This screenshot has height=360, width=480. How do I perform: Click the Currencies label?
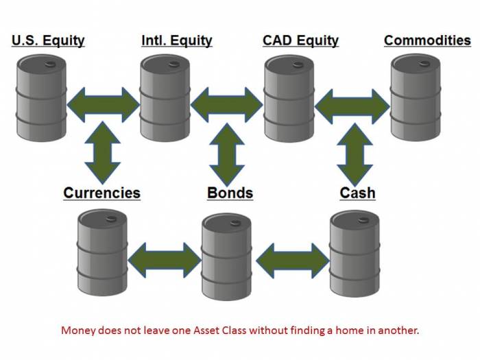[x=101, y=193]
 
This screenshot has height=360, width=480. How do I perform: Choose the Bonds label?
[x=230, y=193]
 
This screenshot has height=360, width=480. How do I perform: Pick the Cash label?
[x=357, y=193]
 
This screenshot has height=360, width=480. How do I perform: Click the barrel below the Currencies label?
[x=102, y=252]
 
